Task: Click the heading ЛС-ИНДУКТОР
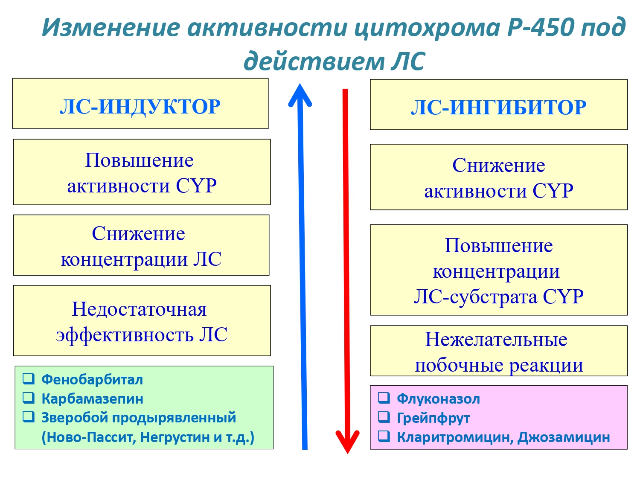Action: (x=140, y=107)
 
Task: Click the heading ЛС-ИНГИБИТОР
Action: (x=499, y=108)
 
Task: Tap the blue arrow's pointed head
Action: (x=300, y=84)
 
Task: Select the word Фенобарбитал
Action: (x=92, y=380)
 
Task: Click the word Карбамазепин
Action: (x=93, y=399)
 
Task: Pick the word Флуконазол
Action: (x=438, y=399)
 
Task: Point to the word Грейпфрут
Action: (x=433, y=419)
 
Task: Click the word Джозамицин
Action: (x=563, y=437)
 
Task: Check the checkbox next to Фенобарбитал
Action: (x=29, y=378)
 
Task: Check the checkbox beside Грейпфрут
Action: (x=384, y=417)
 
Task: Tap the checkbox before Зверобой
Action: (x=29, y=417)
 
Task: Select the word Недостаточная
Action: (x=140, y=309)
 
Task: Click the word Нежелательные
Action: (x=496, y=340)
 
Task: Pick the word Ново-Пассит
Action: (x=89, y=437)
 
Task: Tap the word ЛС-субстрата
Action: (x=476, y=297)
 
